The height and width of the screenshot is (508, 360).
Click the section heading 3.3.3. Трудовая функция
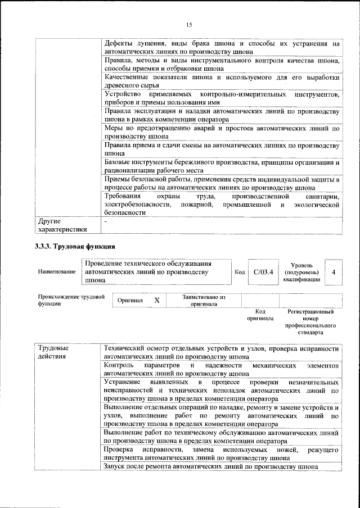(75, 247)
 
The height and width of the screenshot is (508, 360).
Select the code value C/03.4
(263, 272)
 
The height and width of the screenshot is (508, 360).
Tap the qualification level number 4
(334, 272)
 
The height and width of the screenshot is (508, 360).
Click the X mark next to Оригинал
(157, 301)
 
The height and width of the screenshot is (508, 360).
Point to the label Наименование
(57, 272)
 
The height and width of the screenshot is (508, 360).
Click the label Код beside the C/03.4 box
(240, 272)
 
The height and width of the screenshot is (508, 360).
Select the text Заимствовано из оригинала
(200, 301)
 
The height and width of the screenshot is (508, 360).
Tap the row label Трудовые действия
(53, 352)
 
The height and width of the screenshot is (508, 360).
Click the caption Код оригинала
(260, 315)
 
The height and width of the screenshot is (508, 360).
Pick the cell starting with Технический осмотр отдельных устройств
(222, 352)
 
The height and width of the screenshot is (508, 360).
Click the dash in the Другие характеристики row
(106, 222)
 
